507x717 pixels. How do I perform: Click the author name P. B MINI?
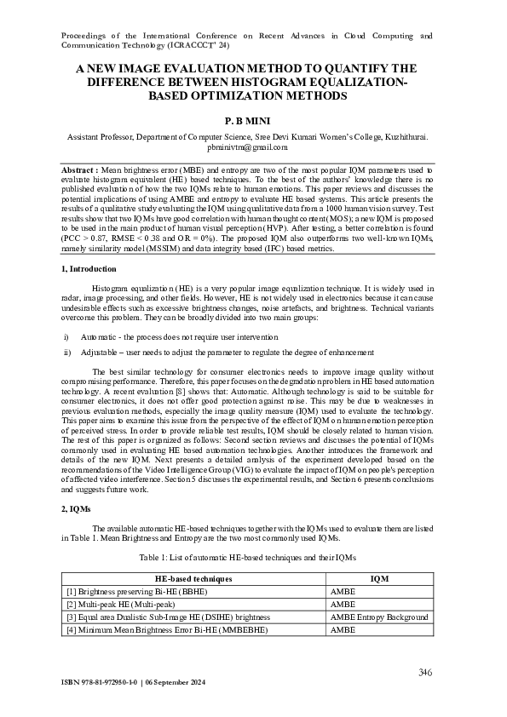pyautogui.click(x=253, y=122)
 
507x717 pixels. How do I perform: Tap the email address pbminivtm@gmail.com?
pyautogui.click(x=253, y=146)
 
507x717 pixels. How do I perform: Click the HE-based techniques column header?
pyautogui.click(x=193, y=578)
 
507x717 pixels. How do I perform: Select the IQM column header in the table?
pyautogui.click(x=379, y=578)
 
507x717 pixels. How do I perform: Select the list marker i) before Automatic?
pyautogui.click(x=66, y=337)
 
